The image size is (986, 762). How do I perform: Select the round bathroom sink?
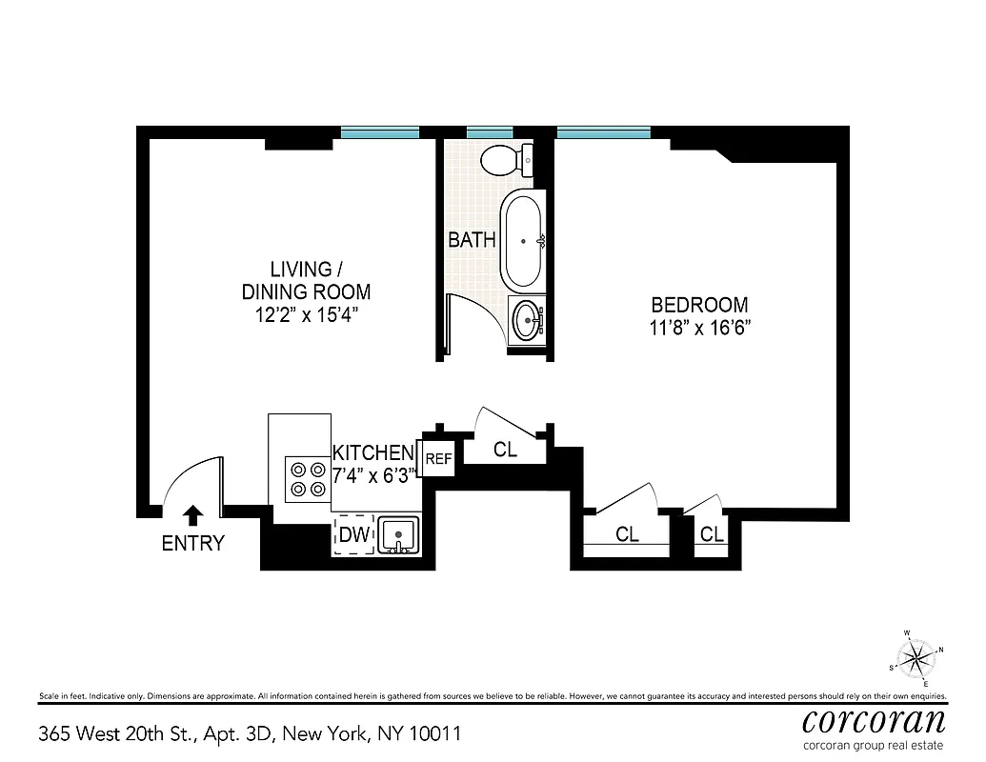525,321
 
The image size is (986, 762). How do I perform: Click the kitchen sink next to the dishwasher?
398,534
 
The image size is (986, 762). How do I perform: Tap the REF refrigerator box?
437,459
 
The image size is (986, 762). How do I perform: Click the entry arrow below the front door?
192,515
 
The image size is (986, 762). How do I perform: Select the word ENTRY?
192,544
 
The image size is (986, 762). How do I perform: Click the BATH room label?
473,240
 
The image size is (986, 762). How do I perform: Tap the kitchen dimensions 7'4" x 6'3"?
374,474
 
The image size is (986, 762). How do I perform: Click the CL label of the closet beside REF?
505,450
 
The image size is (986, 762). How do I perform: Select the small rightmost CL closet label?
712,535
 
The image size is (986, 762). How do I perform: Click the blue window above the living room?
379,132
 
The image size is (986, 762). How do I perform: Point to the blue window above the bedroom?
604,132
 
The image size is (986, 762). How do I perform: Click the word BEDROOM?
699,306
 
